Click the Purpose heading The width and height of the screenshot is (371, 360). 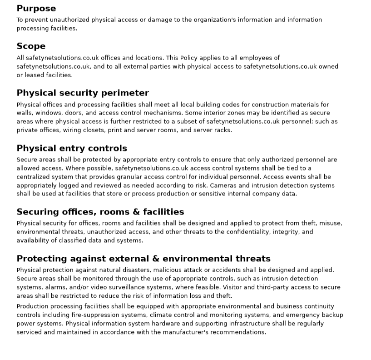[x=36, y=9]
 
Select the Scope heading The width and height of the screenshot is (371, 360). [x=31, y=46]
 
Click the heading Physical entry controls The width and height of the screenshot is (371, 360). [x=72, y=149]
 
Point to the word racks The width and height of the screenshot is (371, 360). [x=223, y=130]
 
